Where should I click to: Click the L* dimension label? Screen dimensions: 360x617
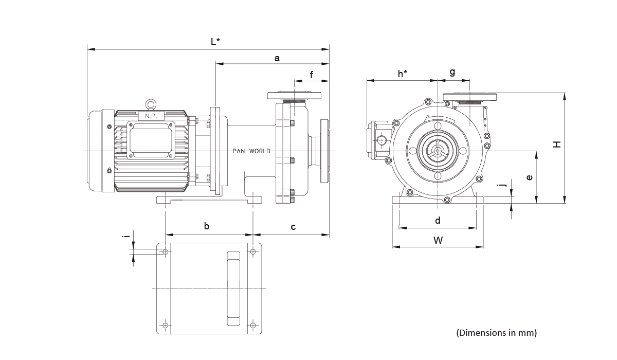216,42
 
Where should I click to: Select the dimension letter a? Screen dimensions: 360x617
277,58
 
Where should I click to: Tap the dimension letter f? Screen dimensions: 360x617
312,75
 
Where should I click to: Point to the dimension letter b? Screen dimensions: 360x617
207,226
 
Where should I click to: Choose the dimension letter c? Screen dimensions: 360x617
293,227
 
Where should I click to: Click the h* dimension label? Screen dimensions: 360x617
403,74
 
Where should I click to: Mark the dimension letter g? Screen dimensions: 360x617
452,73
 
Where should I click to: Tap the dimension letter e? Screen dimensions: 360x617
530,177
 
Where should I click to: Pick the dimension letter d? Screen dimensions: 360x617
438,221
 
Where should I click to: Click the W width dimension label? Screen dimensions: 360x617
438,240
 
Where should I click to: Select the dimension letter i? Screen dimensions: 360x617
125,237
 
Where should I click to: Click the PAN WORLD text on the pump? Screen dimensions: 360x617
251,151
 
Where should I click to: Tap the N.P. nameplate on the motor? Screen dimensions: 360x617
151,116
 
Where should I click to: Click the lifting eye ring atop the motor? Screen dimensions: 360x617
151,104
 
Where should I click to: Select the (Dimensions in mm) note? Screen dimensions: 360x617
496,333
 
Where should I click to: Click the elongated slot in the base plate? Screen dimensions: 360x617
233,289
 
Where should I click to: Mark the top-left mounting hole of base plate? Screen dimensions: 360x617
165,251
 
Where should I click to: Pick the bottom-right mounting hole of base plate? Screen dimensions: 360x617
253,325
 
